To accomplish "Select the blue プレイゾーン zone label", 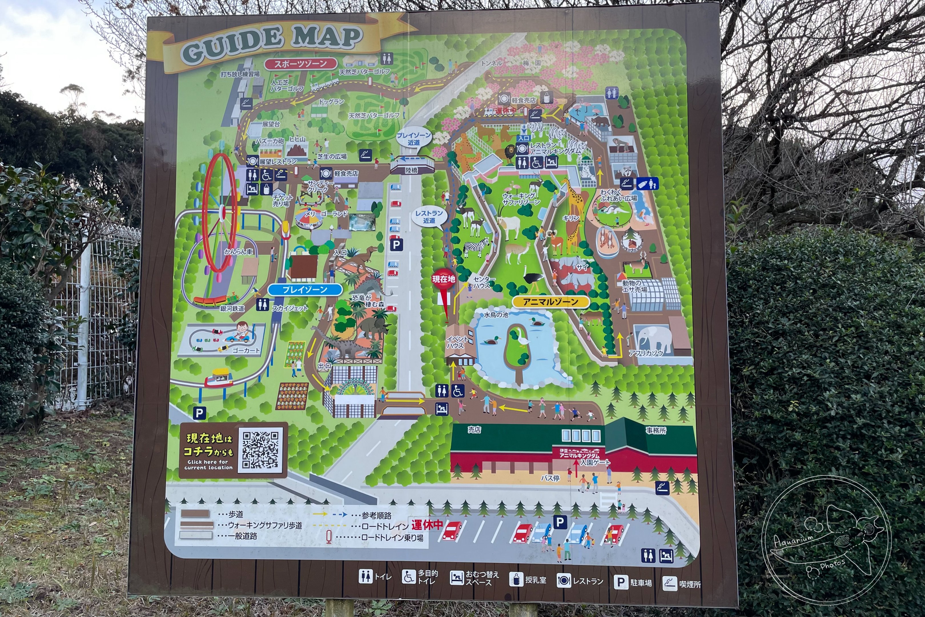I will click(305, 290).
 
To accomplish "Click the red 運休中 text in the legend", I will click(427, 524).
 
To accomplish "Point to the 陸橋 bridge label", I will click(411, 170).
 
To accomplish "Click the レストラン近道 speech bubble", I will click(429, 217).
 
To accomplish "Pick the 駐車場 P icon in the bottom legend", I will click(621, 582).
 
